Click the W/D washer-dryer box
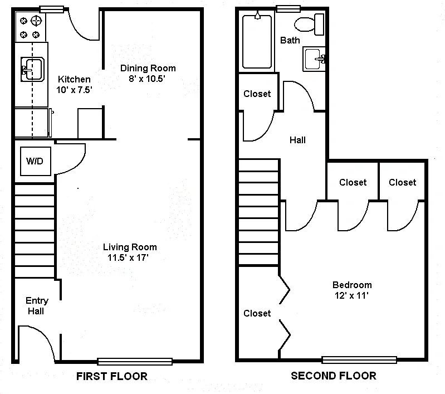click(36, 161)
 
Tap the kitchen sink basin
click(32, 69)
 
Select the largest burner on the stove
click(36, 21)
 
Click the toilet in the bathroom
click(309, 25)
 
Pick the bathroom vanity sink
click(314, 59)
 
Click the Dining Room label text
click(148, 68)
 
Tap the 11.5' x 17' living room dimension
click(128, 257)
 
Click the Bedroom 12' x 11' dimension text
click(351, 295)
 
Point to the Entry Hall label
click(37, 305)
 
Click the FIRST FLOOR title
click(112, 376)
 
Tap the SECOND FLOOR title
click(334, 376)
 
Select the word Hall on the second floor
click(297, 140)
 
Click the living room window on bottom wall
click(135, 361)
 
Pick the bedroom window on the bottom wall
click(359, 360)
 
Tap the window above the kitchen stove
click(51, 9)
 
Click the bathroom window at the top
click(288, 9)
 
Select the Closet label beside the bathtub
click(257, 94)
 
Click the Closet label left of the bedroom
click(257, 313)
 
